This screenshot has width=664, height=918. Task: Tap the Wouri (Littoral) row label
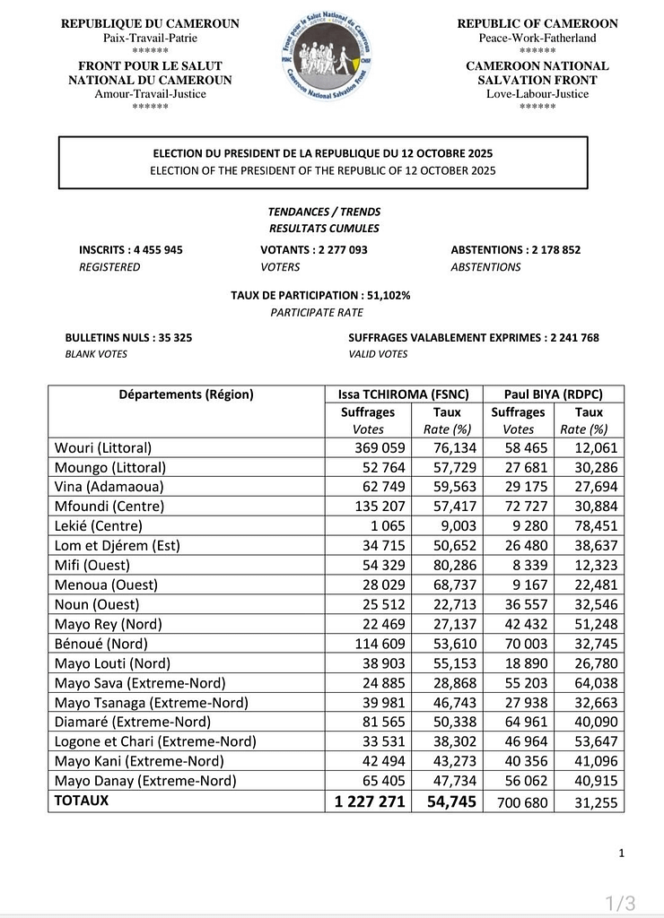coord(103,447)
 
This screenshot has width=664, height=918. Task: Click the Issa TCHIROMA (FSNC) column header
coord(404,394)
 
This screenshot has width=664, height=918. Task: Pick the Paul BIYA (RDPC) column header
coord(554,394)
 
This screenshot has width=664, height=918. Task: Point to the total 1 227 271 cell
coord(370,801)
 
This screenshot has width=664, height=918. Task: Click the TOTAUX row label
coord(82,801)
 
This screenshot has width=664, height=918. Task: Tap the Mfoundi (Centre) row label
coord(109,507)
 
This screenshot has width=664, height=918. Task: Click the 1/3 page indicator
coord(620,902)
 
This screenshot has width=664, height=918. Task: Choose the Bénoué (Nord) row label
coord(101,644)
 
